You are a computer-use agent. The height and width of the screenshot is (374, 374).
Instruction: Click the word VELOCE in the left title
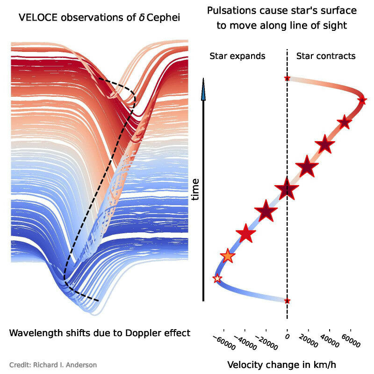click(x=37, y=18)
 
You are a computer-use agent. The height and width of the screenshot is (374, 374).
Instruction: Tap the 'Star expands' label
click(x=237, y=56)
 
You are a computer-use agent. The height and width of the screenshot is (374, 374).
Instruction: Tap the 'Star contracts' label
click(x=326, y=56)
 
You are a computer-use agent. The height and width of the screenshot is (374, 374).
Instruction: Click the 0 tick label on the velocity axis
click(x=287, y=336)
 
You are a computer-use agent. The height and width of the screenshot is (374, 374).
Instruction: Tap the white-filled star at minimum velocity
click(x=217, y=279)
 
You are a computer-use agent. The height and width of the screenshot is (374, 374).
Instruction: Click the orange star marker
click(x=227, y=256)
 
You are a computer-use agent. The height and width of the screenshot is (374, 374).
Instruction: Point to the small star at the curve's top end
click(x=287, y=78)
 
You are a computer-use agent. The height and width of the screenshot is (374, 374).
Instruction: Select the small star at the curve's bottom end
click(x=287, y=301)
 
